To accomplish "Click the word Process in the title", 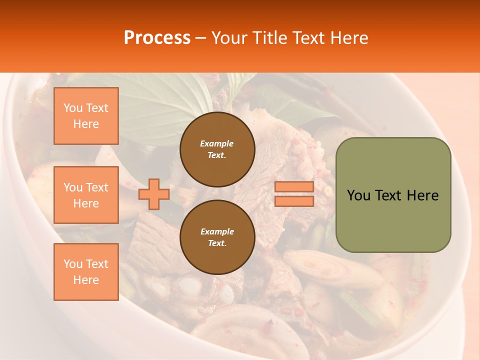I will (x=157, y=38).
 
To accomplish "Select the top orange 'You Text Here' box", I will (x=86, y=116).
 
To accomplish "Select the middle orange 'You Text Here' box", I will (x=86, y=195).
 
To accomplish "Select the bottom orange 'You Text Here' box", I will (x=86, y=272).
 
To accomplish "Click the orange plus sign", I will (x=153, y=194).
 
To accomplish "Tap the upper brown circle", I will (x=217, y=149).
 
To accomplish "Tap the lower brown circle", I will (x=217, y=237).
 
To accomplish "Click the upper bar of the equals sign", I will (x=294, y=186).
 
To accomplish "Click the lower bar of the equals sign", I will (x=294, y=201).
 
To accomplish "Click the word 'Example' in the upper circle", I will (x=217, y=143).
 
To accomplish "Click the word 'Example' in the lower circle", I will (x=217, y=231).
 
